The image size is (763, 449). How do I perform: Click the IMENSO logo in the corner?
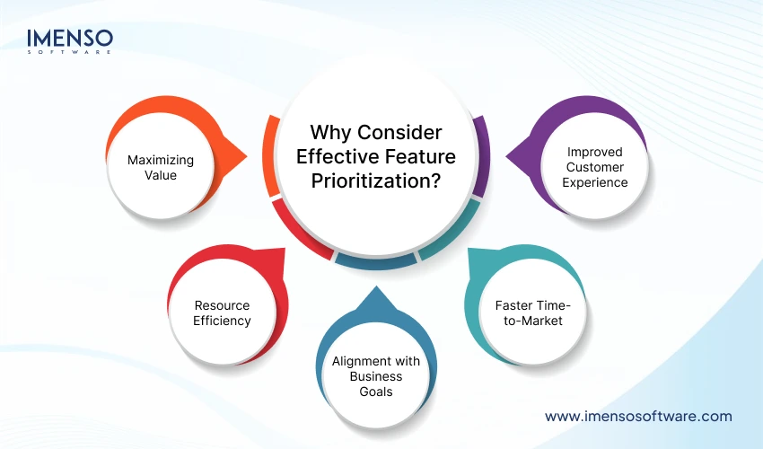70,39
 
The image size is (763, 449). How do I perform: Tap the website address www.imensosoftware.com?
638,416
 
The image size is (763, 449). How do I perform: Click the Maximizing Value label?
161,167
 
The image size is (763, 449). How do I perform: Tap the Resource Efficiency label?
223,313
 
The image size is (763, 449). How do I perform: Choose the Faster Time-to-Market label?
528,313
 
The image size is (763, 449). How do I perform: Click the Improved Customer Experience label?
594,167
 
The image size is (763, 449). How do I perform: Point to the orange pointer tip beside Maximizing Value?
241,161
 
